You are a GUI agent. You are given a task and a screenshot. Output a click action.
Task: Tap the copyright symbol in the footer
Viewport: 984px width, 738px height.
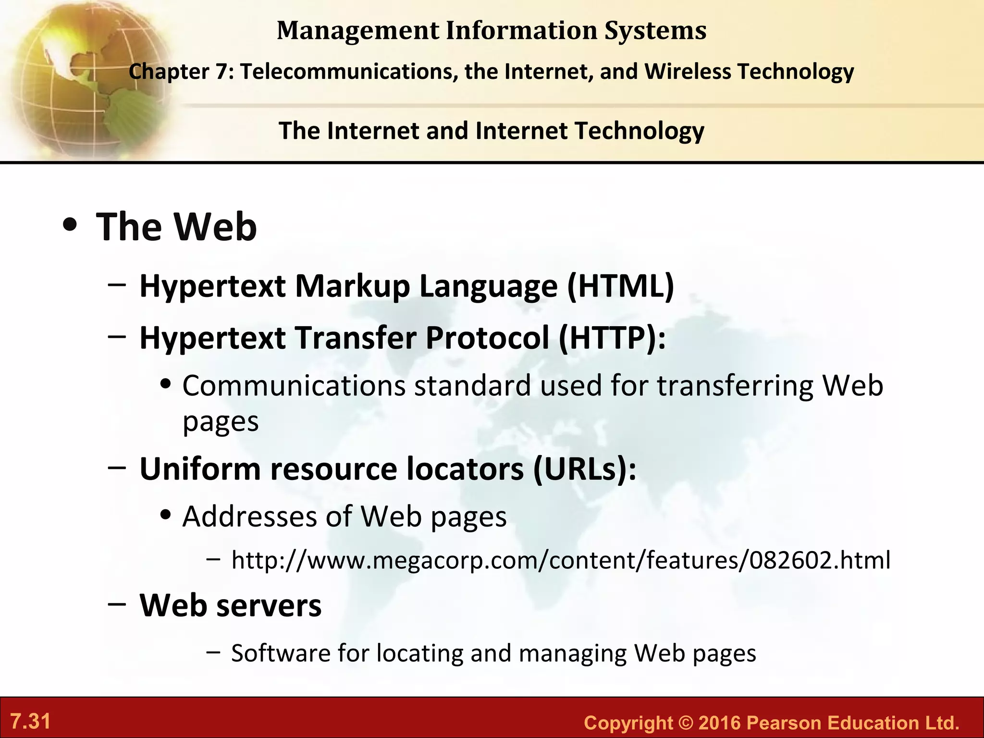pyautogui.click(x=686, y=723)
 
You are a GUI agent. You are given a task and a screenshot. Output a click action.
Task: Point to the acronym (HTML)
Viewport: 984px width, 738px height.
pyautogui.click(x=621, y=286)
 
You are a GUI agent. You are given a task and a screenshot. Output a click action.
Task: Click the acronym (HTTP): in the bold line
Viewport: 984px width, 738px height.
pyautogui.click(x=612, y=338)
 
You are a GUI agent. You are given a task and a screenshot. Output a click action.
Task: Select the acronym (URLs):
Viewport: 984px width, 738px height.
pyautogui.click(x=585, y=469)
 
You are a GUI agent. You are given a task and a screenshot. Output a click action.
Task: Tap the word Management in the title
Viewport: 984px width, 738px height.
pyautogui.click(x=358, y=31)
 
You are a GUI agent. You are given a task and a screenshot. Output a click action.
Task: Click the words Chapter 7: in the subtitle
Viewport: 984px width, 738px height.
pyautogui.click(x=181, y=72)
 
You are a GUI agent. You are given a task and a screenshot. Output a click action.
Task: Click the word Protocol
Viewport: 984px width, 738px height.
pyautogui.click(x=487, y=338)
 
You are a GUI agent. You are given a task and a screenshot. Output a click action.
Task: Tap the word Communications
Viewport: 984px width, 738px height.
pyautogui.click(x=294, y=386)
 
